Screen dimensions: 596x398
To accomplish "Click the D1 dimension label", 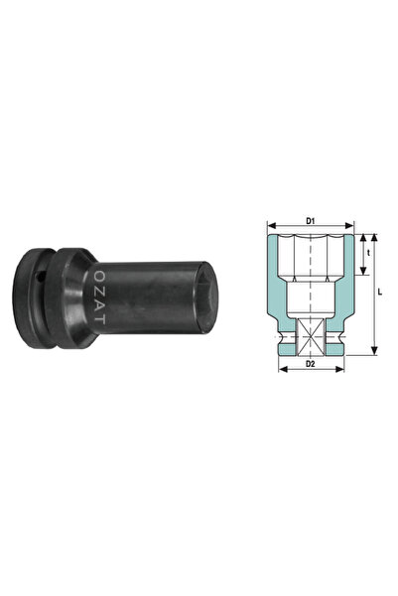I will [x=310, y=221].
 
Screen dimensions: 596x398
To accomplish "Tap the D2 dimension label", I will [x=310, y=365].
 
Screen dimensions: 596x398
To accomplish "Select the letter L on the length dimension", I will [x=382, y=295].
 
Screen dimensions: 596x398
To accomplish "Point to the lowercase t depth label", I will [x=367, y=252].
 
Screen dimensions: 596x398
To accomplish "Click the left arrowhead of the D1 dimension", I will [x=269, y=228].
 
